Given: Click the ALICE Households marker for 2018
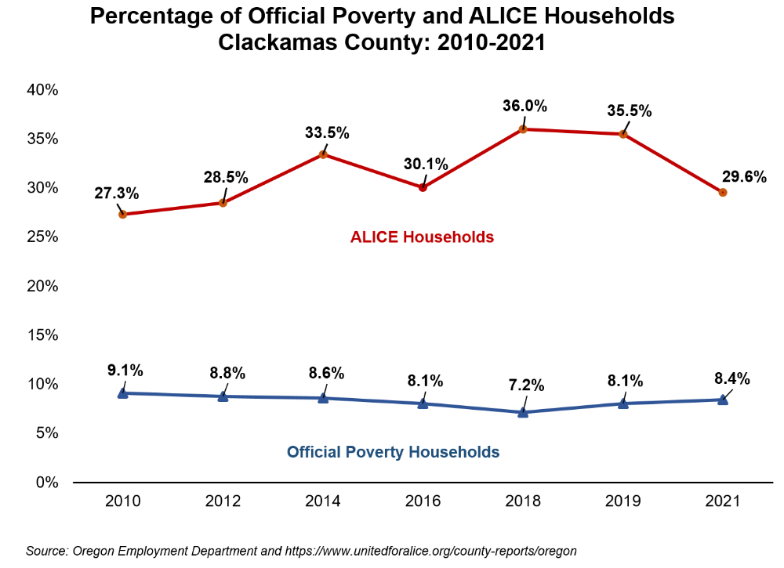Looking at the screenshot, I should (523, 129).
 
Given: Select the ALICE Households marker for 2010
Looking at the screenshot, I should (123, 215).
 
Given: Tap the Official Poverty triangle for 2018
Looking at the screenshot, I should (523, 411).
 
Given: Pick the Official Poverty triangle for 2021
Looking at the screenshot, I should (723, 400).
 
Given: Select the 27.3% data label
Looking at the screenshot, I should (117, 192).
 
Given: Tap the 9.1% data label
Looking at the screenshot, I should (125, 371).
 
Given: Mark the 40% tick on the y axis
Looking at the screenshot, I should (42, 90).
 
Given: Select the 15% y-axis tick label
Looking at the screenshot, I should (42, 335).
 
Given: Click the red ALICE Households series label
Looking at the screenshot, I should (422, 237).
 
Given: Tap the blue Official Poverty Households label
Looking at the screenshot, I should (393, 452).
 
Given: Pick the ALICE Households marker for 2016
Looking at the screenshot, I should (423, 187).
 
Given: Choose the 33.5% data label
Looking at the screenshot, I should (327, 132).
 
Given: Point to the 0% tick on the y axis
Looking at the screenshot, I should (46, 483).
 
